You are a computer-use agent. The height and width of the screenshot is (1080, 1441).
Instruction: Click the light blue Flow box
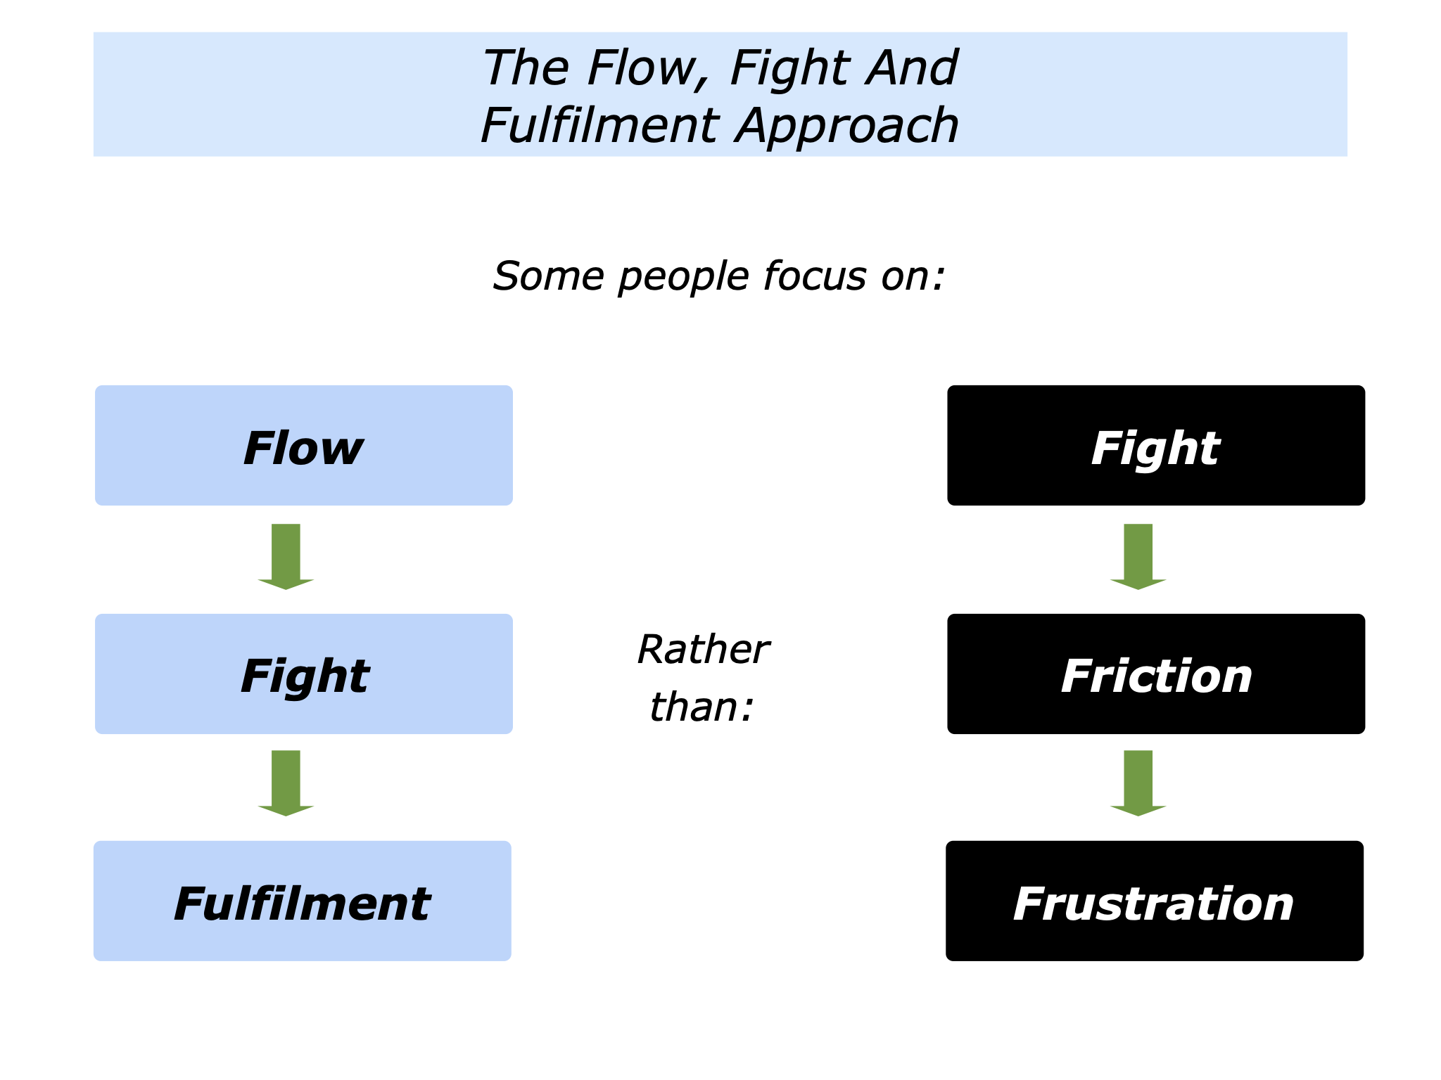click(x=303, y=445)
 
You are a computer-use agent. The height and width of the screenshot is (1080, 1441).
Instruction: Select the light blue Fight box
click(x=303, y=674)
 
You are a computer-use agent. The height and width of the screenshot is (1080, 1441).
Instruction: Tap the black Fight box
click(x=1155, y=445)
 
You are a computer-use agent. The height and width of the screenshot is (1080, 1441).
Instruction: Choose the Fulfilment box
click(x=302, y=901)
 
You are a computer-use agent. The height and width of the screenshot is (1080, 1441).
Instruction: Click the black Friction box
click(x=1155, y=674)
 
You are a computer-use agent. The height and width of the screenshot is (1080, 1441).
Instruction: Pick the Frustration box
click(x=1154, y=901)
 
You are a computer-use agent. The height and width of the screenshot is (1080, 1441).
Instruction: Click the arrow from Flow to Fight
click(x=286, y=555)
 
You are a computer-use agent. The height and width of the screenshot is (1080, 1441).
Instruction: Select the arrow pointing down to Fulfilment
click(x=286, y=782)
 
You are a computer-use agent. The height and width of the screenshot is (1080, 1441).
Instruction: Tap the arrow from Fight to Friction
click(x=1138, y=555)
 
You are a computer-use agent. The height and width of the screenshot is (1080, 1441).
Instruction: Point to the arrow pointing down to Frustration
click(x=1138, y=782)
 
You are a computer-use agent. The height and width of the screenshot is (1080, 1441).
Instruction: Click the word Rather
click(x=702, y=649)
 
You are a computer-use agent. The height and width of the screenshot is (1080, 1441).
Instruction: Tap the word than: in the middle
click(x=701, y=707)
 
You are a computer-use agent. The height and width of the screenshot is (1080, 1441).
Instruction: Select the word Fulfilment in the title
click(x=599, y=126)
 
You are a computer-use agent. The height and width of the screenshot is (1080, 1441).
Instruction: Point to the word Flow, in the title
click(x=640, y=69)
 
